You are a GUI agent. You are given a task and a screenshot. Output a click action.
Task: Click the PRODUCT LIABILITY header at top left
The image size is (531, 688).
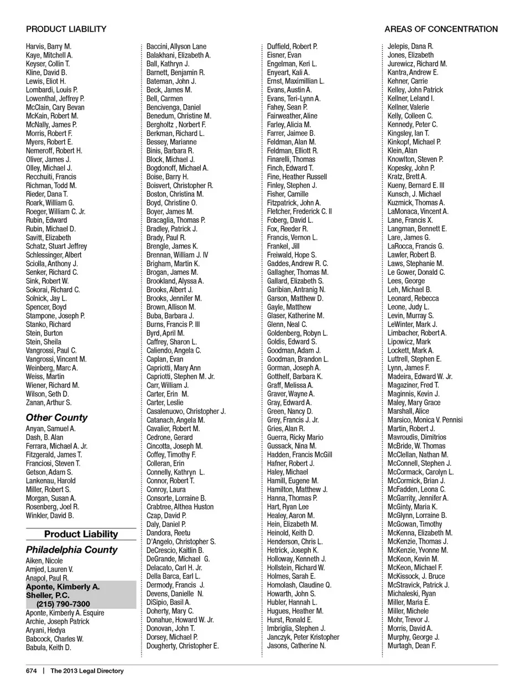66,29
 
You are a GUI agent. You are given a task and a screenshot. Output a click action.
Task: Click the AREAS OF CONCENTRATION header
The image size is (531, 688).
441,29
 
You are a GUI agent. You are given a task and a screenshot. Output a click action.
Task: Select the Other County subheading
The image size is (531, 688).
56,417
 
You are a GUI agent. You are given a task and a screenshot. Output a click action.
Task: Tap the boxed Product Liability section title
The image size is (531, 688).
81,534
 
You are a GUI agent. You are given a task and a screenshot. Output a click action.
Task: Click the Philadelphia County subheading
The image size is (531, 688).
71,550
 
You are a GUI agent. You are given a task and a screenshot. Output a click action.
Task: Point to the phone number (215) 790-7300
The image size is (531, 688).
63,604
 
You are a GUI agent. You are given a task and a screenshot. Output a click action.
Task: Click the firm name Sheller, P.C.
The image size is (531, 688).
48,595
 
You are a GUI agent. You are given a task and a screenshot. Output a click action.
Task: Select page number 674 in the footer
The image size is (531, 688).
32,671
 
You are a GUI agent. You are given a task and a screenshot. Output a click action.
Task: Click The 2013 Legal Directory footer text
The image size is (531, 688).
87,671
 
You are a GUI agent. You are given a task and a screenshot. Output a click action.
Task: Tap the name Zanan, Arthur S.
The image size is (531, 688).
49,403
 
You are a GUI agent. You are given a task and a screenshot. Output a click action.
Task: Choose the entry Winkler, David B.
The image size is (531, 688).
50,515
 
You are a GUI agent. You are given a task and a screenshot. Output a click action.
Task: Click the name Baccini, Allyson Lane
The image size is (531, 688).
176,47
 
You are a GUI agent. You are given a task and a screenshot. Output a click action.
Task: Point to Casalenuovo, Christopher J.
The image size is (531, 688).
186,411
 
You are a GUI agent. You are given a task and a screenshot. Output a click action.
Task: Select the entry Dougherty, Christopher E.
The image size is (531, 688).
183,645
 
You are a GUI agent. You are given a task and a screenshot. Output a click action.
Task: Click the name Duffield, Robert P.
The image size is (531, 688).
292,47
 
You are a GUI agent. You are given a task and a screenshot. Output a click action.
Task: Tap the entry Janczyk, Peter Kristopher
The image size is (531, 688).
303,637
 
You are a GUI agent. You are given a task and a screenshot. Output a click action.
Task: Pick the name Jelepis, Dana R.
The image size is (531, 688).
410,47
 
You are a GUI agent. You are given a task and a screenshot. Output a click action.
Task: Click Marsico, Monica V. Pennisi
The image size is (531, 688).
425,420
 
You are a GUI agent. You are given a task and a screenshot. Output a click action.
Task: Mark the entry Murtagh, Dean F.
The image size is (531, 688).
412,645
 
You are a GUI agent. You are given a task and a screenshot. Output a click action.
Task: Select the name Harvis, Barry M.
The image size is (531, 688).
49,47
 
